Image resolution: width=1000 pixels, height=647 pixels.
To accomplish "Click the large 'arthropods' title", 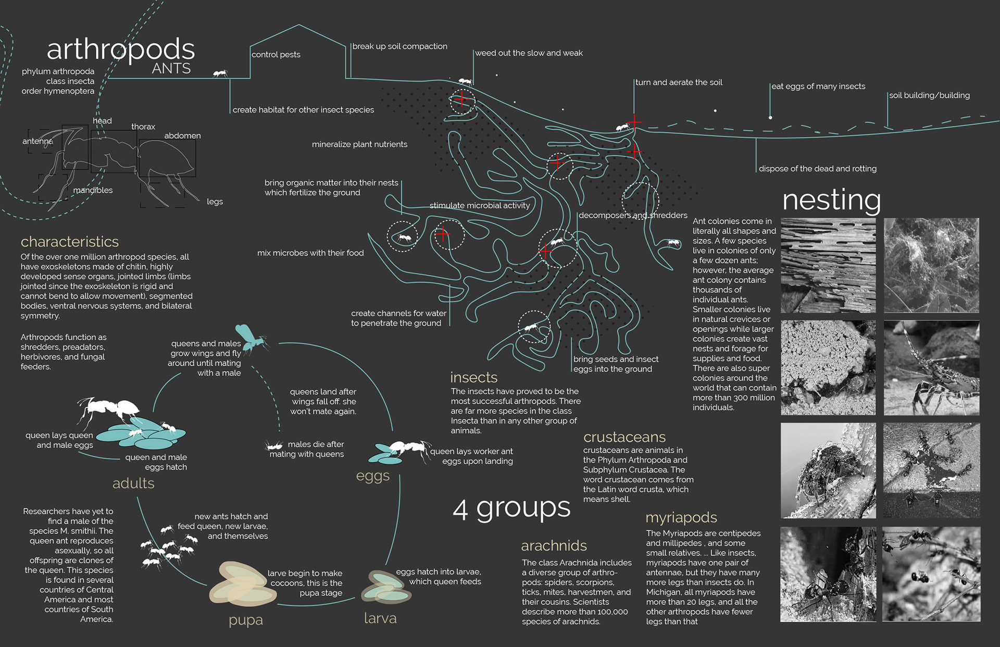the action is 121,50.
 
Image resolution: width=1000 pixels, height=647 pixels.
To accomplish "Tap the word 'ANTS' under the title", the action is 171,69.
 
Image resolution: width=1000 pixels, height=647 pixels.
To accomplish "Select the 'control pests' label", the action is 276,55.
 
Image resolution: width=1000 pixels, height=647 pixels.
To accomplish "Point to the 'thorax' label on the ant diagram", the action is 143,127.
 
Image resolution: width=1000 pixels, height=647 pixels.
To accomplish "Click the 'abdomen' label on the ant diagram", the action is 182,135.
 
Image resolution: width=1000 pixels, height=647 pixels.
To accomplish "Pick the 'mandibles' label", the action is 93,190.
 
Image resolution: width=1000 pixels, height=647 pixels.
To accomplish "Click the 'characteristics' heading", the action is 70,242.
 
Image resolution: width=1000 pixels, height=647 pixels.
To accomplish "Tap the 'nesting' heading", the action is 831,200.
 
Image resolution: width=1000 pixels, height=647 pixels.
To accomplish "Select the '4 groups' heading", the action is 511,508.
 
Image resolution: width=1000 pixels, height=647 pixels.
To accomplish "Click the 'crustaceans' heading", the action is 624,437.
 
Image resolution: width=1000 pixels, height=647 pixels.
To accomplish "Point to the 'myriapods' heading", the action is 681,517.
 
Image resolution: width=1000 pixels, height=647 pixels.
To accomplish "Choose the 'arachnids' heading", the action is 554,545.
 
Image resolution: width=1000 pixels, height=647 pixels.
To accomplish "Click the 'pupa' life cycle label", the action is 246,620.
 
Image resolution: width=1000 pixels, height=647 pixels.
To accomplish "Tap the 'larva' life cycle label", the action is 380,618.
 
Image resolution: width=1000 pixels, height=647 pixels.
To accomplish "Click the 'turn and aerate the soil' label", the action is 679,82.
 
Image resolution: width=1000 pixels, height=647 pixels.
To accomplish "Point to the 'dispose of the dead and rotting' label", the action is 817,169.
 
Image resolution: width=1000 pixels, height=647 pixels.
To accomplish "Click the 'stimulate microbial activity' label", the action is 480,206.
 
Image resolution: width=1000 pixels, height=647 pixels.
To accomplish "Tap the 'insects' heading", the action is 473,377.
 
